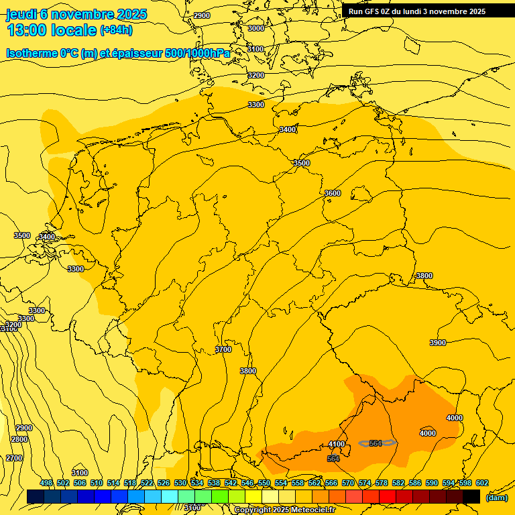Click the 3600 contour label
click(x=333, y=193)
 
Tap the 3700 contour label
click(x=223, y=349)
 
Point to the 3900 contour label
click(x=437, y=343)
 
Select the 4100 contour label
click(x=337, y=444)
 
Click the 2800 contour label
click(x=19, y=439)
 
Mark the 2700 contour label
click(x=14, y=458)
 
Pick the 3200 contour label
click(x=256, y=75)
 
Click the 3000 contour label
click(x=256, y=28)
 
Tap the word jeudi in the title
click(x=21, y=14)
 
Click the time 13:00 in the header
click(x=28, y=30)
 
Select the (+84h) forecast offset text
click(x=116, y=30)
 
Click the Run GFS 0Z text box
click(x=417, y=11)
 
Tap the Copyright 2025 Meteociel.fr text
click(x=284, y=510)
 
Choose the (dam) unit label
click(x=496, y=497)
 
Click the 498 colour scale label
click(x=46, y=483)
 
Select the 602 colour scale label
click(x=482, y=483)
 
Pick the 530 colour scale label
click(x=180, y=483)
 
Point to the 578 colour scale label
click(x=382, y=483)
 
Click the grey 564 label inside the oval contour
click(x=376, y=443)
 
